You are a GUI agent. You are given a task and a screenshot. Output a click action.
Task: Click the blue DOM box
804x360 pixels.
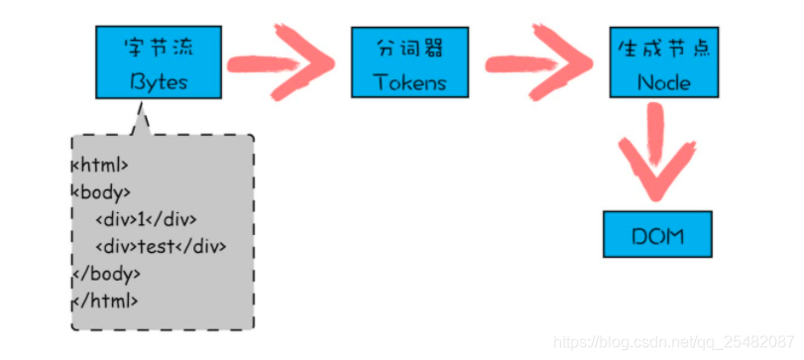tap(658, 236)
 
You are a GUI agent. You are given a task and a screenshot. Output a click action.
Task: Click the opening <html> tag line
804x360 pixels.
tap(100, 166)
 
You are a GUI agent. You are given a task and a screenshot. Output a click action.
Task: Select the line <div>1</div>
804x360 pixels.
tap(147, 219)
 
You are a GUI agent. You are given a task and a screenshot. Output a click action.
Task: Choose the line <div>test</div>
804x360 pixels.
tap(161, 245)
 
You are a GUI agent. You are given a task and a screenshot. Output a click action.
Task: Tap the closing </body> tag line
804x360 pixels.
tap(106, 272)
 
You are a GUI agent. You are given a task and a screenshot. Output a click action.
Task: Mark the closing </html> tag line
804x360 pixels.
tap(104, 299)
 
